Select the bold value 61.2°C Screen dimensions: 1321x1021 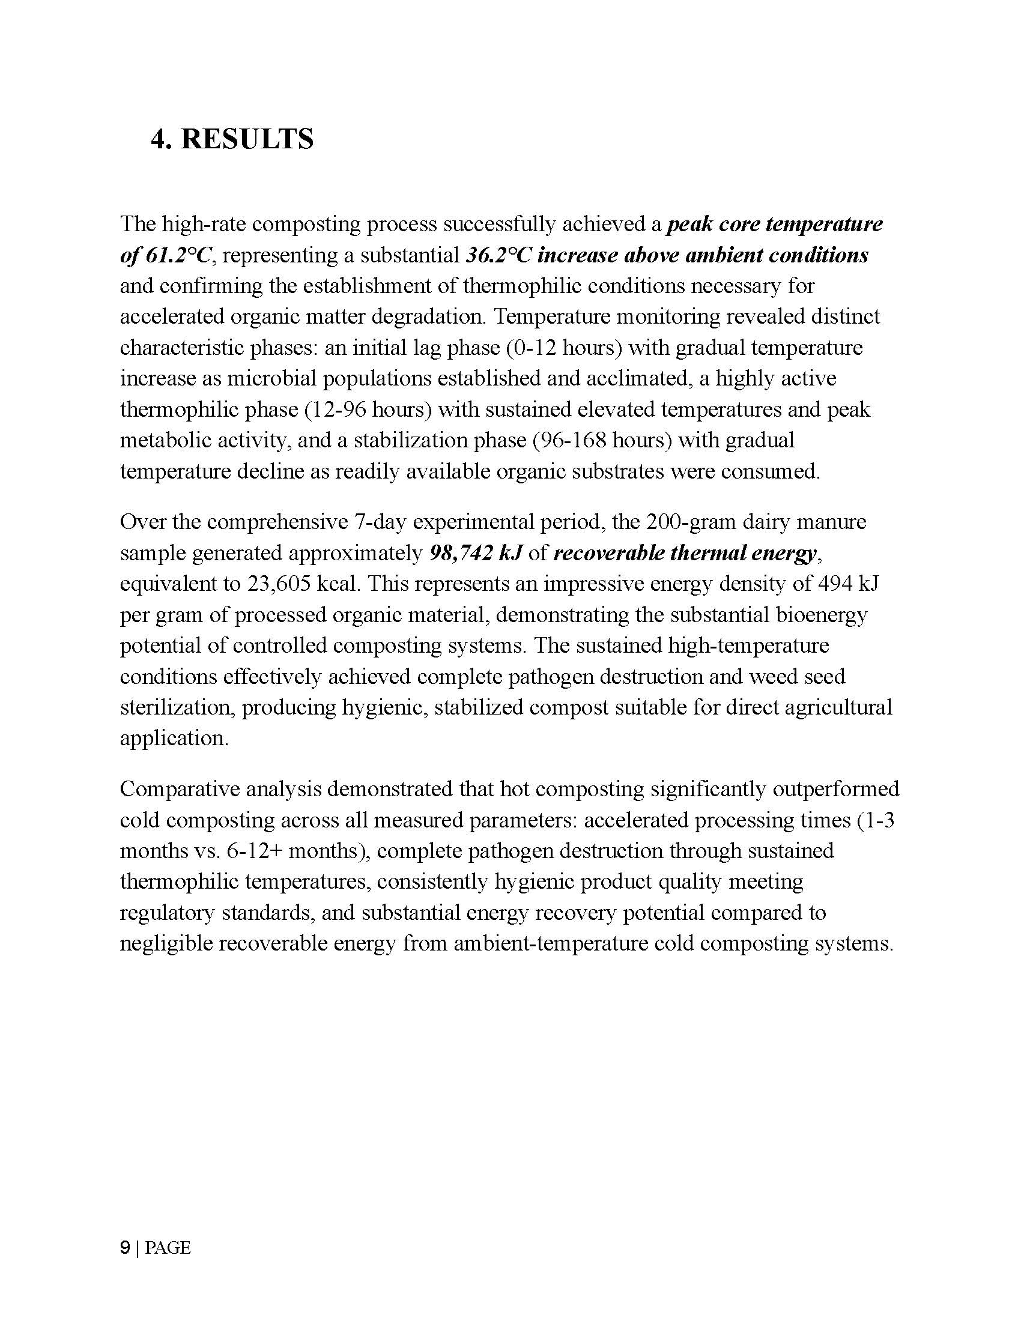pyautogui.click(x=179, y=255)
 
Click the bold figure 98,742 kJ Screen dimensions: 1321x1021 pyautogui.click(x=475, y=553)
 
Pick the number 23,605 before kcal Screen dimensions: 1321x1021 pyautogui.click(x=279, y=584)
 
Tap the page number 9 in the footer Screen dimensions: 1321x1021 pyautogui.click(x=125, y=1247)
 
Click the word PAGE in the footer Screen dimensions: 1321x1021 pyautogui.click(x=168, y=1248)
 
